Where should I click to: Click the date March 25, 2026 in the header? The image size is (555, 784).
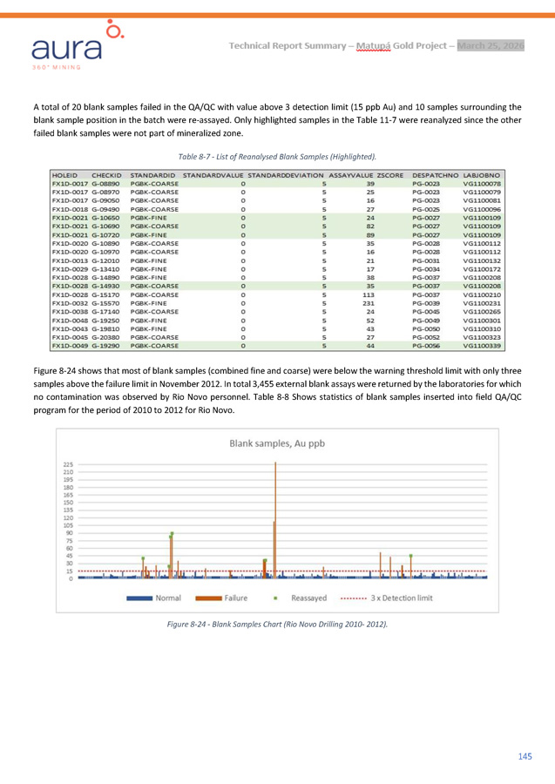[x=491, y=45]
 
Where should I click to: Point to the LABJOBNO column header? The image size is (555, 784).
[x=482, y=176]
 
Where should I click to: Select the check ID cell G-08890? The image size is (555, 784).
[x=105, y=185]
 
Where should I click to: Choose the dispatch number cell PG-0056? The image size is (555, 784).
[x=425, y=345]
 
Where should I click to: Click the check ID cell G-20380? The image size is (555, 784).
[x=105, y=336]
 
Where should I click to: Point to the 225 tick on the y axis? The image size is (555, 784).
[x=68, y=464]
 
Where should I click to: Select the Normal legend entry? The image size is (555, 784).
[x=155, y=598]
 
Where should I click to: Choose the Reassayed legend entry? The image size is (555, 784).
[x=301, y=598]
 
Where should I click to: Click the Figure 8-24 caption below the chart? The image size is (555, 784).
[x=276, y=625]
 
